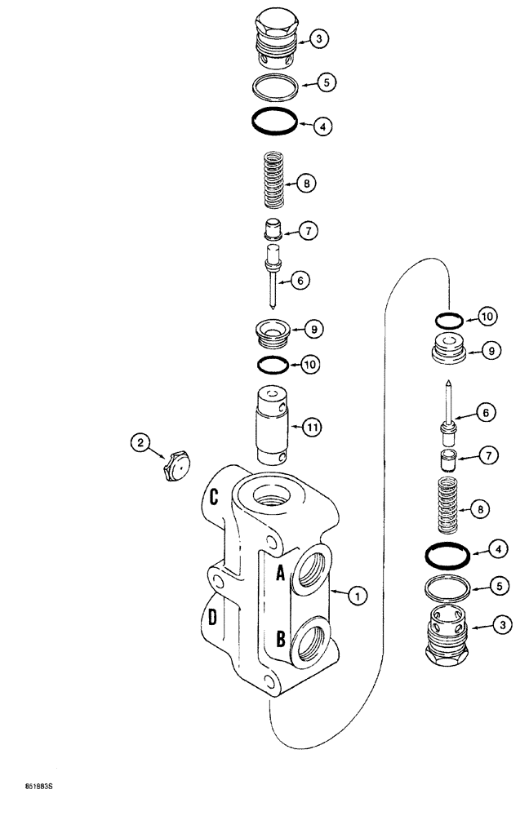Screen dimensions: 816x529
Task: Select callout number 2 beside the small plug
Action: (141, 444)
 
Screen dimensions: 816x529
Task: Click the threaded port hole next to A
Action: (315, 567)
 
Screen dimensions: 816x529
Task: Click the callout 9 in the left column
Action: (313, 330)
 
